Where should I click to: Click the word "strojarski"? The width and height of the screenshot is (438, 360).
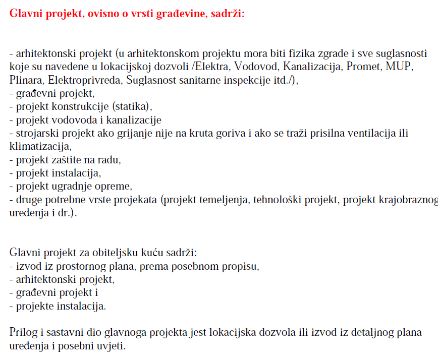pyautogui.click(x=35, y=134)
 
